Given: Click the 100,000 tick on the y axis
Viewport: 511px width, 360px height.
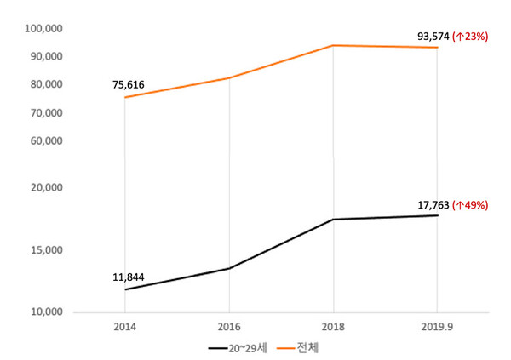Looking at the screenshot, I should (44, 28).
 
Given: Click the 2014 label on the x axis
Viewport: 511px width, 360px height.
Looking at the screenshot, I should (124, 327).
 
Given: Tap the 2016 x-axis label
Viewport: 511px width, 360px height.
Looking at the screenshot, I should (228, 327).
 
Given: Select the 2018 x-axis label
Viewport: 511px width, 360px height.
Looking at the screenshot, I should (333, 327).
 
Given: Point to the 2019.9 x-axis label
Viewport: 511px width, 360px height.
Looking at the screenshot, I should (437, 327).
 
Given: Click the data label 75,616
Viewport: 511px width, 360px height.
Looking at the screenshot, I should (129, 85).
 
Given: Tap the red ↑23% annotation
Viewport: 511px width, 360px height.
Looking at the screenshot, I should (471, 36).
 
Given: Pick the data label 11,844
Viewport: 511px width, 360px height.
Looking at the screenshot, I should (129, 277).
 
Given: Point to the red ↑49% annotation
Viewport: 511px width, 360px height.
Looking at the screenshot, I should (471, 204).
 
